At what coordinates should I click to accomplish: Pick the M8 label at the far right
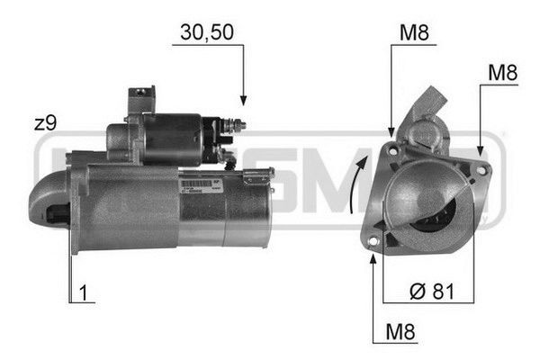tap(502, 73)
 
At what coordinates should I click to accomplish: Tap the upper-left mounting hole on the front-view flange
tap(392, 156)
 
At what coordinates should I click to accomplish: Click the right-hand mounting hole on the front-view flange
tap(481, 170)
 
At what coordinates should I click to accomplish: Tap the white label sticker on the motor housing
tap(200, 185)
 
